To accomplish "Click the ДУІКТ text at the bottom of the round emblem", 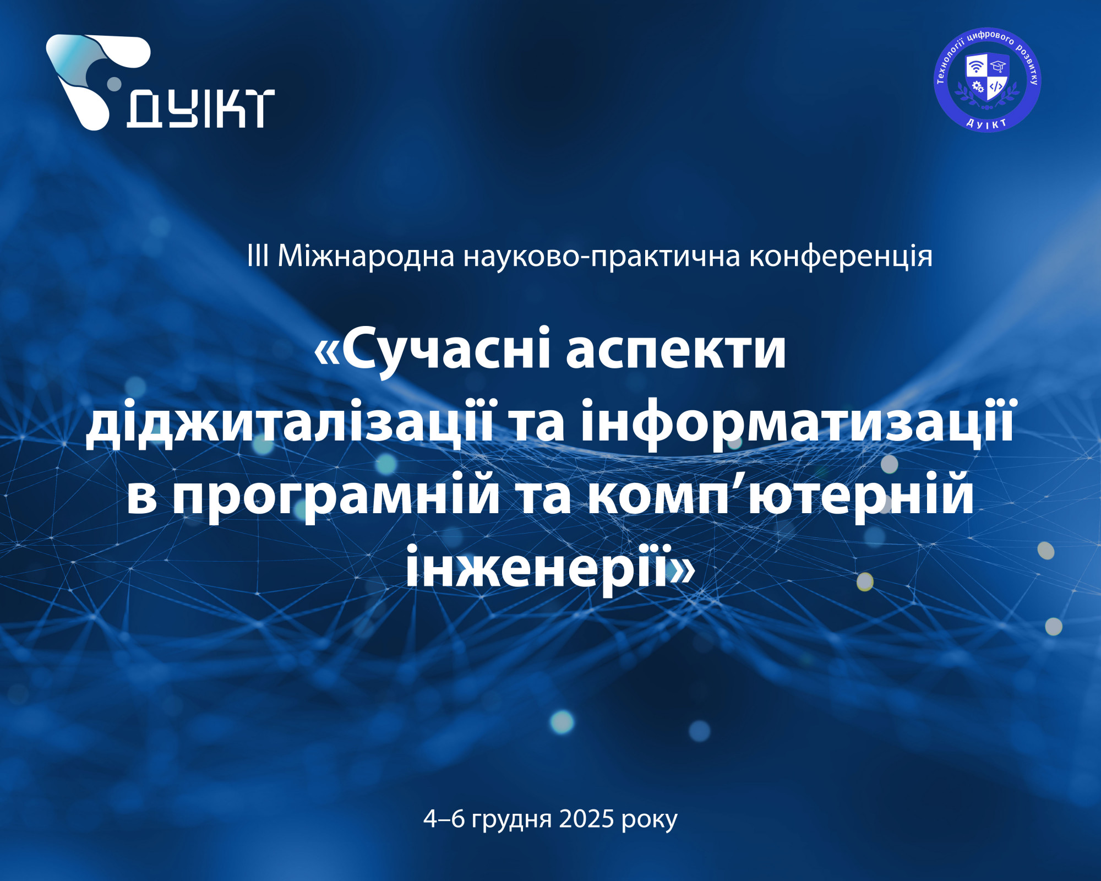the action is [x=987, y=123].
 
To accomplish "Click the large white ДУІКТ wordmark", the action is [x=200, y=109].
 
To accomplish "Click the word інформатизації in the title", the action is [x=797, y=423].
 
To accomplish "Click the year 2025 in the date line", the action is [x=586, y=819].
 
